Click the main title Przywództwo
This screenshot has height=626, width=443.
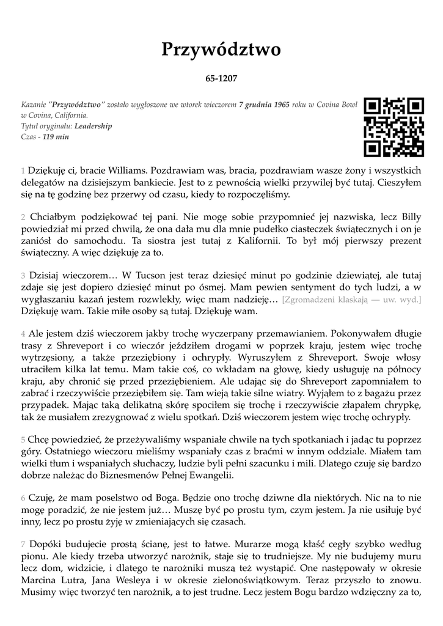coord(221,50)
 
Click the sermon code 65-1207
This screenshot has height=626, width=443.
coord(221,79)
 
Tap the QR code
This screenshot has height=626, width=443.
coord(394,127)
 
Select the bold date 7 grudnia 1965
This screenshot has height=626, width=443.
coord(264,105)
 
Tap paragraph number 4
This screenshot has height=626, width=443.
coord(23,334)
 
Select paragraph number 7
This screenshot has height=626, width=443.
coord(23,544)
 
